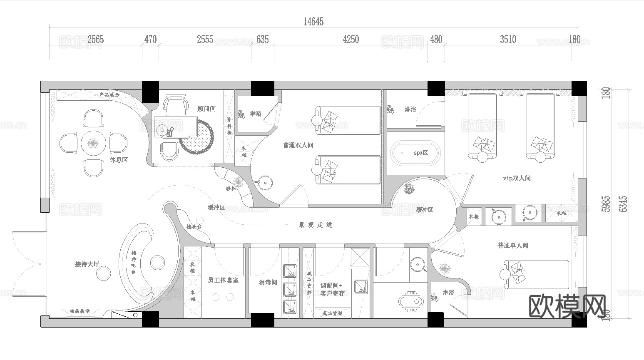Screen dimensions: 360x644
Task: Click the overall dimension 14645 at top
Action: (313, 22)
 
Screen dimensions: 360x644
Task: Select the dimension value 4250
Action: (351, 40)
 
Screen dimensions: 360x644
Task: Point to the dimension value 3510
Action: (508, 40)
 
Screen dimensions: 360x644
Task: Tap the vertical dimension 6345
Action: (623, 204)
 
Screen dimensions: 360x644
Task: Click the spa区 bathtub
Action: (415, 153)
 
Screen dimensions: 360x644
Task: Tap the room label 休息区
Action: (119, 160)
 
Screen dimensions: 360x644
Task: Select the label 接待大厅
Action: (87, 264)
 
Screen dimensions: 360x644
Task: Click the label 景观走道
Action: (316, 225)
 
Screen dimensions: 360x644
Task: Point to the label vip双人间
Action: (517, 178)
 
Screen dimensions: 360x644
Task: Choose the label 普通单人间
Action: (513, 245)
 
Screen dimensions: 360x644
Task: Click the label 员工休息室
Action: (223, 281)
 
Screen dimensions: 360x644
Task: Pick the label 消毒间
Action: (268, 282)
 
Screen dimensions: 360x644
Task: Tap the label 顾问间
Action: (206, 109)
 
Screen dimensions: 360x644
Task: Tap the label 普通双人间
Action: (298, 145)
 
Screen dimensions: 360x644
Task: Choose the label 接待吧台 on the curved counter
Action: (134, 262)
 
